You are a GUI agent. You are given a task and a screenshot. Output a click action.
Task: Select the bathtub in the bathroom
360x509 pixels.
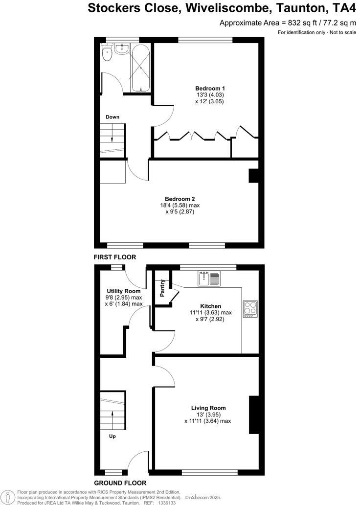coord(140,68)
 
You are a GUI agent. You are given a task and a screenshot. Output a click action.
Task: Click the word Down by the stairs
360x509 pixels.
coord(112,117)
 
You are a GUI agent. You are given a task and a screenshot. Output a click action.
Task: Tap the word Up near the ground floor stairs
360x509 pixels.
coord(112,436)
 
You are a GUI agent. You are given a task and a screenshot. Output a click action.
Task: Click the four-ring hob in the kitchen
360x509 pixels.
coord(250,308)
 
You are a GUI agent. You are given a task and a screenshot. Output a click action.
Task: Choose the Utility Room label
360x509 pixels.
coord(123,291)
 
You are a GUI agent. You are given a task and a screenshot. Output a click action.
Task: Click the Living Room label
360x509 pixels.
coord(208,408)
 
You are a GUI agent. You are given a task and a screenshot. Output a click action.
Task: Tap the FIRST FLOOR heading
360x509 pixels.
coord(115,257)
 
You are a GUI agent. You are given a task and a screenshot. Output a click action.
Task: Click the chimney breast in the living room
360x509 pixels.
coord(254,415)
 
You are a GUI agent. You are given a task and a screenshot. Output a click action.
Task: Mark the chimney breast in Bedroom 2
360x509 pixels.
coord(253,176)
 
